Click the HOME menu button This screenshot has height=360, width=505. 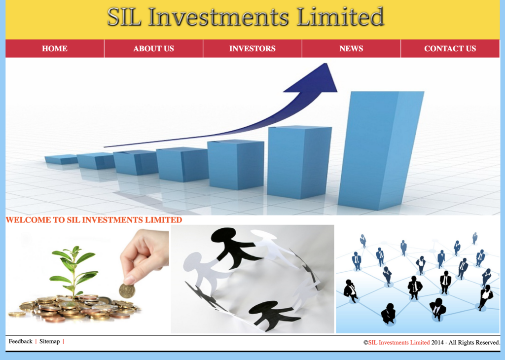click(55, 49)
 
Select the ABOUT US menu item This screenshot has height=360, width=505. click(154, 49)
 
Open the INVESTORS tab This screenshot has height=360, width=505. click(252, 49)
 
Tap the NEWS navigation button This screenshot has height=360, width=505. click(351, 49)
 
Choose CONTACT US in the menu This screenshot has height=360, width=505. click(450, 49)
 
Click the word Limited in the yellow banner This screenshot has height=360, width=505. click(340, 17)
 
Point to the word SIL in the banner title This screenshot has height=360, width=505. click(124, 17)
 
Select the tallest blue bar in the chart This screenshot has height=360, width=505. click(381, 150)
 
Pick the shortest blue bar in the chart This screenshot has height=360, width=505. click(61, 159)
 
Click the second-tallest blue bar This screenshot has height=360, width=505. click(299, 162)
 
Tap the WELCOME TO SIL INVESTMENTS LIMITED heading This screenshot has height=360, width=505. click(94, 220)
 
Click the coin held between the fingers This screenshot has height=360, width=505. click(127, 291)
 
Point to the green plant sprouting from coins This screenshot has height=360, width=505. click(74, 270)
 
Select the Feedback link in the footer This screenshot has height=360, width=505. click(21, 341)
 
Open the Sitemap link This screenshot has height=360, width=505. click(50, 341)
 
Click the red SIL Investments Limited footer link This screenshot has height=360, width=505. click(399, 343)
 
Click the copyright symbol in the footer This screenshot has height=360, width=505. click(366, 343)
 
